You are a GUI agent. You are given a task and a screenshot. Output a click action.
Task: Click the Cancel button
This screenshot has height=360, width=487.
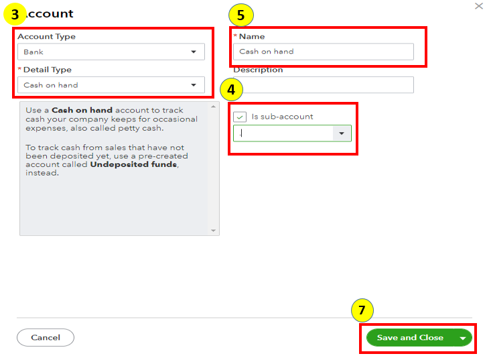[46, 337]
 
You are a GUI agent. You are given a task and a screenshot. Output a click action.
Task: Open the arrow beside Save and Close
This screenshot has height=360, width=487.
[463, 338]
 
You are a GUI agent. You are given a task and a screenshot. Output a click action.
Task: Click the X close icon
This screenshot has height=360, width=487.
[478, 6]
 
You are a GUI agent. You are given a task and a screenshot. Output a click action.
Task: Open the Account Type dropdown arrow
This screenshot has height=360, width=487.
[194, 52]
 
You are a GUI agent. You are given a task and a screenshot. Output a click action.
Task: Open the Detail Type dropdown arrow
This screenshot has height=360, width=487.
[194, 85]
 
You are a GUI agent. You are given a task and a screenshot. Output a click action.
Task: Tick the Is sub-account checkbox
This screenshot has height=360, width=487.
[240, 117]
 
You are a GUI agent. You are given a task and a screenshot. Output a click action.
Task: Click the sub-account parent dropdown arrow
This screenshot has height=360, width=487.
[342, 133]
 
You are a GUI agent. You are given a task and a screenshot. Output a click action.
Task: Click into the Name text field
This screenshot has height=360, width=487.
[324, 52]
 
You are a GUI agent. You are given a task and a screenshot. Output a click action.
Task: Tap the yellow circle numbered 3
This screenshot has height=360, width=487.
[15, 14]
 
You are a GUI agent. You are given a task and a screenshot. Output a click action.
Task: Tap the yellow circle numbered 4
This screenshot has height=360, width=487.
[231, 90]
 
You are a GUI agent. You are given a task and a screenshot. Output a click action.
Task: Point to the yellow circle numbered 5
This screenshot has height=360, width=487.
[240, 15]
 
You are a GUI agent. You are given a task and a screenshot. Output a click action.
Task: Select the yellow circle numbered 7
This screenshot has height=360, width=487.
[362, 310]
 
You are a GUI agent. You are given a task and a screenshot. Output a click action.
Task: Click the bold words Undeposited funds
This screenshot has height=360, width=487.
[134, 164]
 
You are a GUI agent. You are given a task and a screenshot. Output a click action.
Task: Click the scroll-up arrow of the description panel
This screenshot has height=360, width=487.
[214, 107]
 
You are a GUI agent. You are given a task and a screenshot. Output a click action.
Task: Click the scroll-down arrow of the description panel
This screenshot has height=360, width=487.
[214, 231]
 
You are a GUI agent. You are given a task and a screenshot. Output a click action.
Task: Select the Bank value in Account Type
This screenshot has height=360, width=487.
[33, 52]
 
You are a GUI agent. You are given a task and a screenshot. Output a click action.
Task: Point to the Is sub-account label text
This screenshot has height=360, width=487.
[282, 117]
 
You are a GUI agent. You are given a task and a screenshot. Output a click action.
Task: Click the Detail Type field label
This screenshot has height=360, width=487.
[48, 70]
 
